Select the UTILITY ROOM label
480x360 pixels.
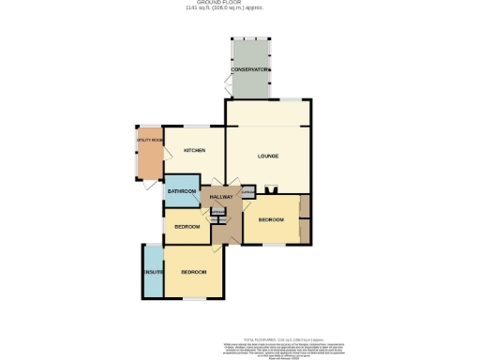click(149, 140)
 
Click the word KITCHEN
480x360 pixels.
click(194, 151)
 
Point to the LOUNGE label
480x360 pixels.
click(269, 156)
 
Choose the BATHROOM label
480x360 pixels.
click(181, 191)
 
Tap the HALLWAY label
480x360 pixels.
click(221, 197)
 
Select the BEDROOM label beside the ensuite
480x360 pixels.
click(193, 272)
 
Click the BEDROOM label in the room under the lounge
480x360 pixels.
click(271, 219)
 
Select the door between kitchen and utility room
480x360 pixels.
click(164, 150)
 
